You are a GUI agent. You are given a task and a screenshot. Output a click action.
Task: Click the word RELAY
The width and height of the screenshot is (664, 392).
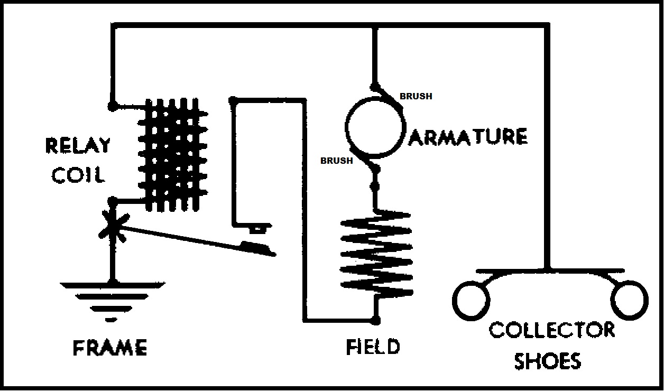click(78, 146)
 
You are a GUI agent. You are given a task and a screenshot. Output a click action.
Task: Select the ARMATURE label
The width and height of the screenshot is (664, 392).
click(468, 136)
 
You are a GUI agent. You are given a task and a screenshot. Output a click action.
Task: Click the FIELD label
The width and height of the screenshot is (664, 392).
click(373, 347)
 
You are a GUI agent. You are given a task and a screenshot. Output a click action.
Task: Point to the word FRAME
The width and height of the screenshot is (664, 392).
click(110, 348)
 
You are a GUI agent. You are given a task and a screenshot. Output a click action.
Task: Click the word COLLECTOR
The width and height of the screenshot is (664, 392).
click(551, 330)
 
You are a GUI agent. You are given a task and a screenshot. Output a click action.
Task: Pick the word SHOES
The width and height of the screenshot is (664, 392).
click(548, 361)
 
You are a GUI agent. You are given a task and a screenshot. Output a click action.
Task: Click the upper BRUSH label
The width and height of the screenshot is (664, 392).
click(416, 96)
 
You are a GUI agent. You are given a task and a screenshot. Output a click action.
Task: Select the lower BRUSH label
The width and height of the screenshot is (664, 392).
click(336, 161)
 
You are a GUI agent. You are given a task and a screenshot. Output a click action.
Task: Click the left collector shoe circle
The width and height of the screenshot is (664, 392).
click(471, 300)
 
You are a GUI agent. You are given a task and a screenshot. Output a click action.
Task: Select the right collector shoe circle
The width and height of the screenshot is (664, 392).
click(629, 300)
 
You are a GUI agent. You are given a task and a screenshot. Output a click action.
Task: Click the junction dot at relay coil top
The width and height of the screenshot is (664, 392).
click(112, 106)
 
